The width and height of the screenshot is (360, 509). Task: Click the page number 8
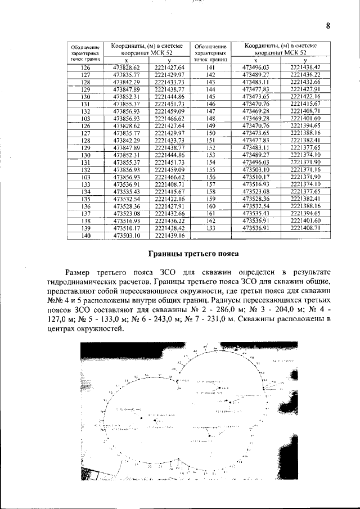pyautogui.click(x=327, y=25)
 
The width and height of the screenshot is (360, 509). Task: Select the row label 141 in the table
pyautogui.click(x=210, y=67)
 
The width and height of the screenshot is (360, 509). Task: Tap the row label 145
pyautogui.click(x=210, y=96)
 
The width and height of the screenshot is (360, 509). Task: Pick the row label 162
pyautogui.click(x=210, y=221)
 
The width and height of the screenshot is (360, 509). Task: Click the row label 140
pyautogui.click(x=86, y=236)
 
